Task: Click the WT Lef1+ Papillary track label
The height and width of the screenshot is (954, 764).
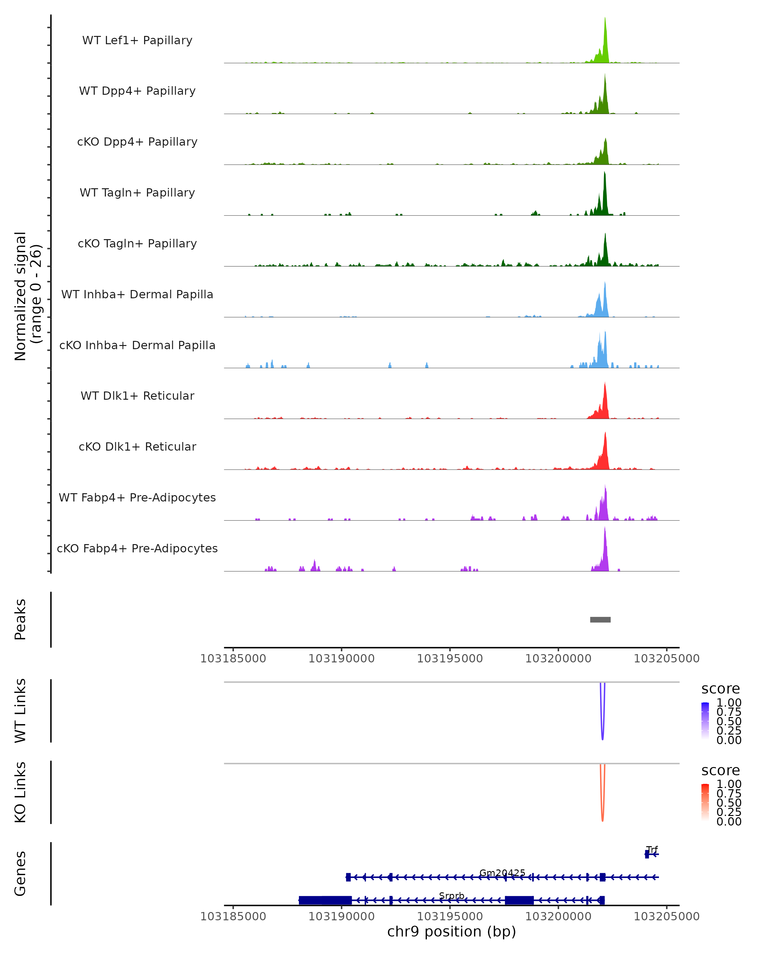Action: pos(137,40)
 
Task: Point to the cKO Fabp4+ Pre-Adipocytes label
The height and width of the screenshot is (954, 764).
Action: pos(137,548)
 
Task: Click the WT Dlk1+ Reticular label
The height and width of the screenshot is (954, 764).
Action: pos(137,396)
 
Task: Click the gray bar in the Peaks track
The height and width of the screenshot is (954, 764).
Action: pos(600,619)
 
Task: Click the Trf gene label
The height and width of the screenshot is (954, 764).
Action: pos(652,849)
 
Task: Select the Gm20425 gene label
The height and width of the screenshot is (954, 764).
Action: pos(502,873)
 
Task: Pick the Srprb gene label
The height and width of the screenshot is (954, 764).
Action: pos(451,895)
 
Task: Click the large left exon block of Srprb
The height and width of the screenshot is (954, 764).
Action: pos(325,900)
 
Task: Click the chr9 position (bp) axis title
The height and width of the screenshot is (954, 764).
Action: pos(451,931)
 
